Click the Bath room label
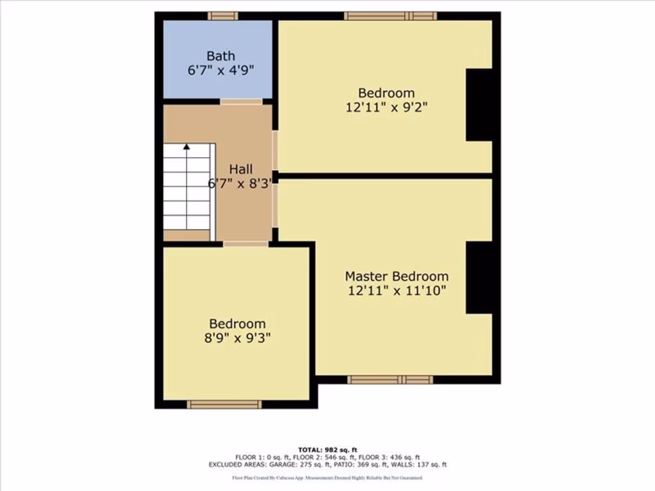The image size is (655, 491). coord(220,56)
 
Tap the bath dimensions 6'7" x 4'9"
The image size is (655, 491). coord(221,70)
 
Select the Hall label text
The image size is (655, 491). coord(241,169)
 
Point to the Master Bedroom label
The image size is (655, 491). coord(397,276)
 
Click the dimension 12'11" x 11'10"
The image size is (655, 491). coord(397,291)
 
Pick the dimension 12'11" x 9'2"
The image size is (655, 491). coord(386,107)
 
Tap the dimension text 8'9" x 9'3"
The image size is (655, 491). coord(237,338)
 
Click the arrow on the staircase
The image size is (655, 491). coord(187,147)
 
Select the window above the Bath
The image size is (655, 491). coord(223,16)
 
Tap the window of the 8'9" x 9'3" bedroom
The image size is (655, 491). coord(224,404)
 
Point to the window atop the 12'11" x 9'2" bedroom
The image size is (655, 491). coord(390,16)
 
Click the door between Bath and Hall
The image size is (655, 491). coord(241,101)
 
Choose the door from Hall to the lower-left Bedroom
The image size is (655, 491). coord(246,244)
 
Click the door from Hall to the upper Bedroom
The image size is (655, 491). coord(275,150)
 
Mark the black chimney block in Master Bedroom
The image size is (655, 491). coord(478,277)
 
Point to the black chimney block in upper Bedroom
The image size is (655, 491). coord(478,105)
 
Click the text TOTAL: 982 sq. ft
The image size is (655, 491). coord(327,449)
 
